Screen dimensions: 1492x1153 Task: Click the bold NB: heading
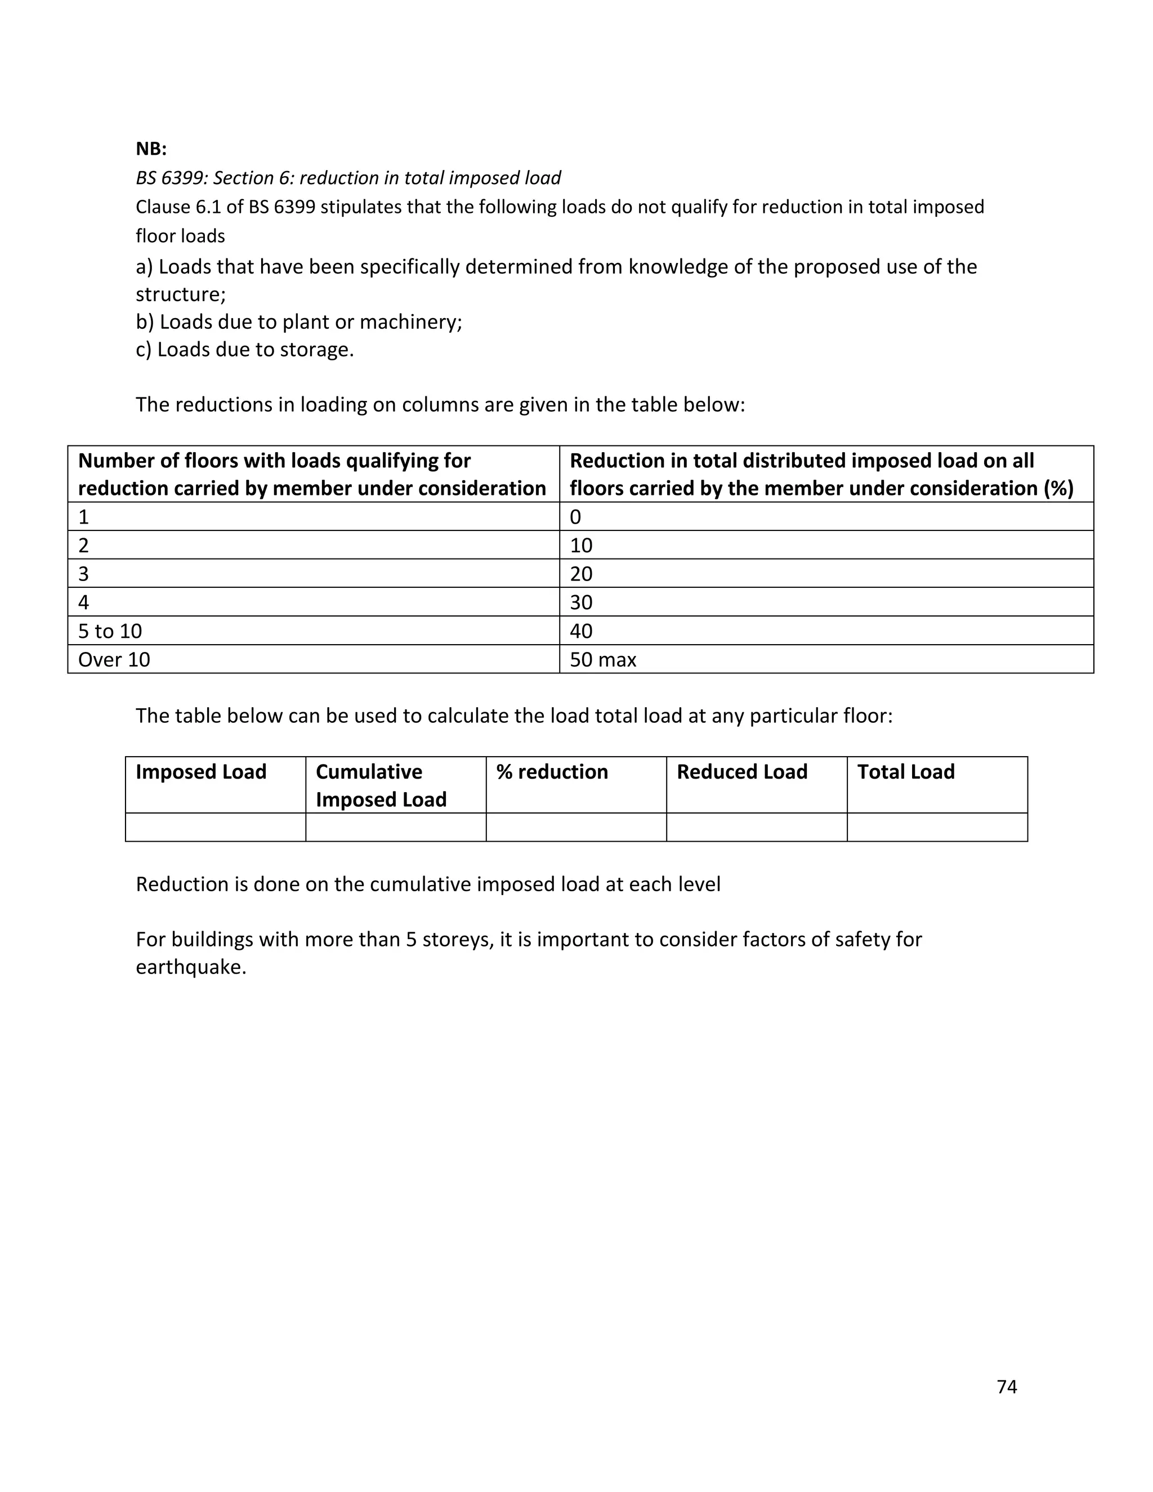(x=151, y=149)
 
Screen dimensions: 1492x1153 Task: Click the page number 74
(x=1006, y=1386)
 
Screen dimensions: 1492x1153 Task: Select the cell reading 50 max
(x=602, y=659)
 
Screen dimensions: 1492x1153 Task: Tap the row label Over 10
(x=114, y=659)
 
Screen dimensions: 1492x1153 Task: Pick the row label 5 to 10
(x=110, y=631)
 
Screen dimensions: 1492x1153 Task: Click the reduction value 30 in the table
(x=580, y=602)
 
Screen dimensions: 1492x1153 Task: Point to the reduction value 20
(x=580, y=573)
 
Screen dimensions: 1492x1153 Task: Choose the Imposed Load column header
(x=201, y=771)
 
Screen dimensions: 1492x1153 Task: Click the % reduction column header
(x=552, y=771)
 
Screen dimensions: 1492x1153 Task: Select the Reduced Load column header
(x=742, y=771)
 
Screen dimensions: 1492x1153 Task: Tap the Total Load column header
(x=906, y=771)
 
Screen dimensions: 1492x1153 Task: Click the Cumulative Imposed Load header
(x=381, y=785)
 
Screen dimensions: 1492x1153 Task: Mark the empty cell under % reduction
(x=576, y=827)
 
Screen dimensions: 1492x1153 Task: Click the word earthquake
(x=191, y=967)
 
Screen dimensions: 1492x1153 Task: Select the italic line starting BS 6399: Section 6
(x=348, y=177)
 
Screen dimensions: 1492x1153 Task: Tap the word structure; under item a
(x=180, y=294)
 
